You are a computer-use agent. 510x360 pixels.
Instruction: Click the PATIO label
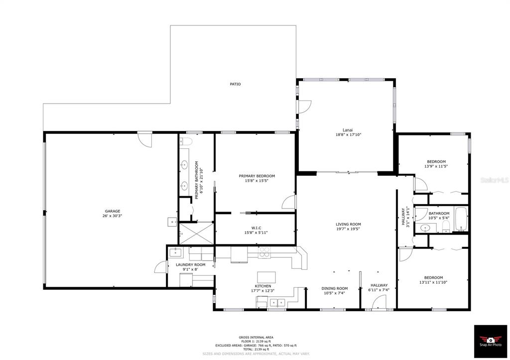click(235, 84)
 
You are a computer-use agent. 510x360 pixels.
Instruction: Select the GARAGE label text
click(112, 211)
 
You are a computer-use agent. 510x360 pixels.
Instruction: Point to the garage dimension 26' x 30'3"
click(112, 216)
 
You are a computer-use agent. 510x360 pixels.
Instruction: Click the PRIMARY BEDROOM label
click(257, 176)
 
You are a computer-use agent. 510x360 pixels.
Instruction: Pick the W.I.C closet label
click(255, 228)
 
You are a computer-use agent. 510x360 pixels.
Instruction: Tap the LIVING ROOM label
click(348, 224)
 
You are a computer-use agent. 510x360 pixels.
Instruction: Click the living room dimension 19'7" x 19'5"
click(348, 229)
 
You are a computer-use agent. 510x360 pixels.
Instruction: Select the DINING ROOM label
click(334, 288)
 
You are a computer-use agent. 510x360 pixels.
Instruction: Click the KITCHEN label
click(263, 286)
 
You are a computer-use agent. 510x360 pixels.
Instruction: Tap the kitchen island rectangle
click(266, 277)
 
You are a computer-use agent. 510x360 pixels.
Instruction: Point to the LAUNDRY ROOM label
click(191, 265)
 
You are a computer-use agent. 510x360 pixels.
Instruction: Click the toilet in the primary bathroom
click(186, 141)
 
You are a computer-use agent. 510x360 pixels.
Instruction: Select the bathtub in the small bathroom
click(461, 219)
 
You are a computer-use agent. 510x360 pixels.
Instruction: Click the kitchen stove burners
click(264, 252)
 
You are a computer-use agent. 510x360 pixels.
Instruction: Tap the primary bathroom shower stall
click(196, 233)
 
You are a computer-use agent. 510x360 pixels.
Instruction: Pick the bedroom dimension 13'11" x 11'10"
click(433, 282)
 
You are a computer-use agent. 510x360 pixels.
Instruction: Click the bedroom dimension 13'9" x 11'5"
click(436, 166)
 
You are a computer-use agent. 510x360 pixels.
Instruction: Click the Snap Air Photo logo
click(491, 341)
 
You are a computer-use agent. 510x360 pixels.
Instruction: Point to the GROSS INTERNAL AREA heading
click(256, 337)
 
